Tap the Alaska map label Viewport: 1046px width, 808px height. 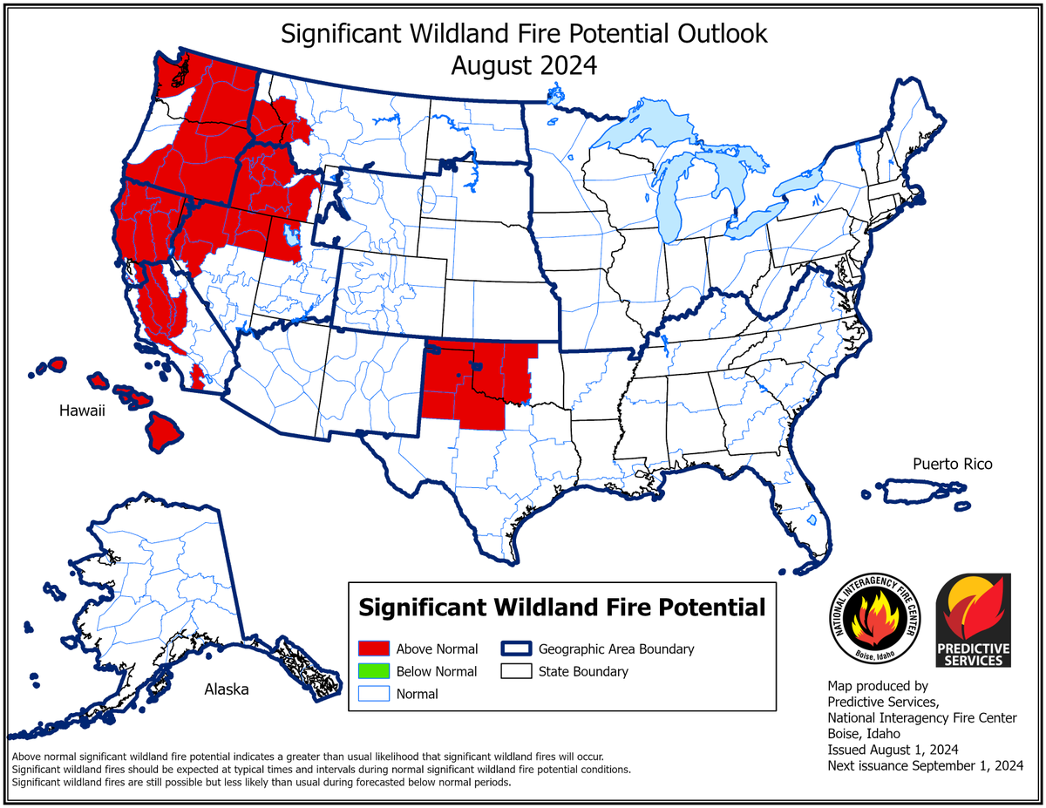(x=226, y=689)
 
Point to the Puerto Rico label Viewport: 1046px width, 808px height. (x=952, y=464)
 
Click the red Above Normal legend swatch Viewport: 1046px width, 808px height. (x=373, y=648)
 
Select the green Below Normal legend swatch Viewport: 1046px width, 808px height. (x=373, y=671)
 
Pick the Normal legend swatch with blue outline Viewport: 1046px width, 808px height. (x=373, y=694)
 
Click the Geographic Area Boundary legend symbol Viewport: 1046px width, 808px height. (x=515, y=648)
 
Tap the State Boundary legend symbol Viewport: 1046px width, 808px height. (x=515, y=671)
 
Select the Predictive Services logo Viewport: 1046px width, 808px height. (x=973, y=621)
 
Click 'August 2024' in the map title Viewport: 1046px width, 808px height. (x=523, y=65)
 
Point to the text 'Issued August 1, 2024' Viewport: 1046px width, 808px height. (x=893, y=750)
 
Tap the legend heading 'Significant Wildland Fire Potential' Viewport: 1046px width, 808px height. (x=561, y=606)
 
